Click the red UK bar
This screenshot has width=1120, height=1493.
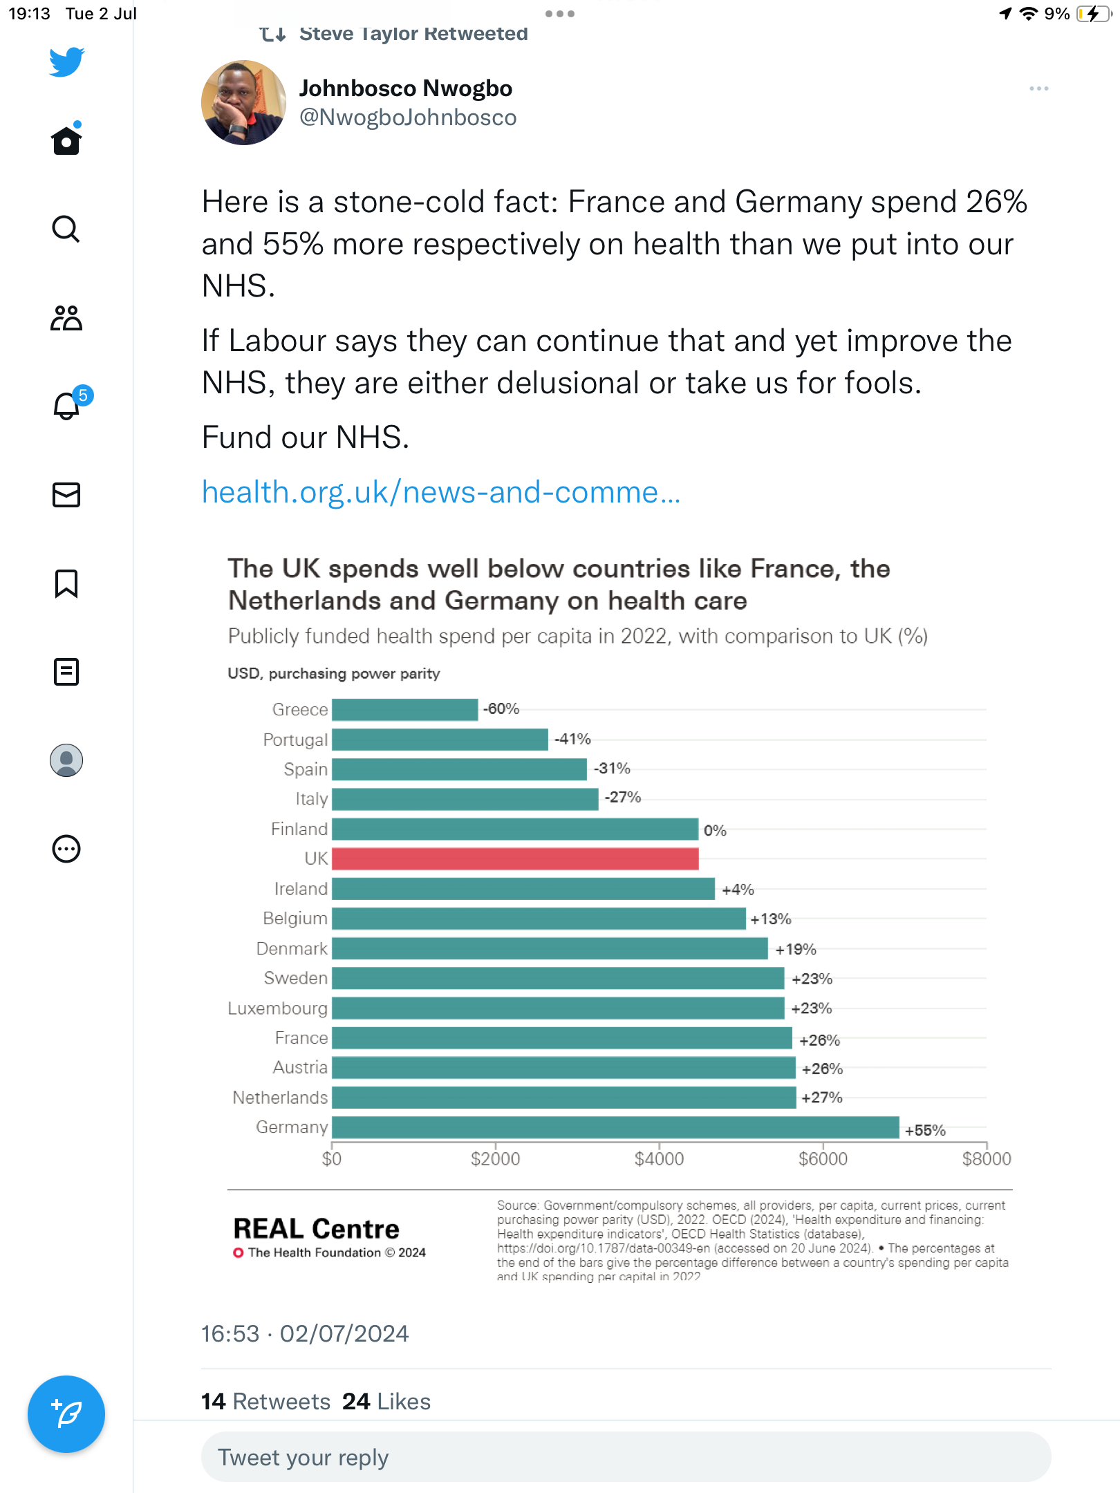click(515, 858)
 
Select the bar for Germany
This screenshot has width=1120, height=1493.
click(615, 1127)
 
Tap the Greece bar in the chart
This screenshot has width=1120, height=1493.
click(404, 709)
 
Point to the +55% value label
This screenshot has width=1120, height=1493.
click(925, 1130)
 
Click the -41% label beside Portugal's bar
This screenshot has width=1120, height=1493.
click(572, 739)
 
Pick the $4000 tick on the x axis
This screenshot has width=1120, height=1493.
click(659, 1158)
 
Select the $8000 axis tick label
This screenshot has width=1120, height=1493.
click(986, 1158)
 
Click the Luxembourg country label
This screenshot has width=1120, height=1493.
click(277, 1008)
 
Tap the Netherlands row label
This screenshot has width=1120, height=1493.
click(280, 1097)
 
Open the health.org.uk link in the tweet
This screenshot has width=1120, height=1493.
click(441, 492)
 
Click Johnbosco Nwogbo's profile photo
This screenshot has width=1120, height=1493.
click(243, 103)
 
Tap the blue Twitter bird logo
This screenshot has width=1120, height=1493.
click(66, 62)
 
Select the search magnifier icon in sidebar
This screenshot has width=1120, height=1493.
click(66, 229)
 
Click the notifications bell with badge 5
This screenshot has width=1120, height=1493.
click(67, 406)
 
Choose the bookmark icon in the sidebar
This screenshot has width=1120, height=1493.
click(66, 583)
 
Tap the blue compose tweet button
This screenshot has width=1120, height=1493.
click(66, 1414)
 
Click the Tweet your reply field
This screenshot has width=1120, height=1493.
click(626, 1457)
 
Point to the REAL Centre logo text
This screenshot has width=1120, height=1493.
click(317, 1229)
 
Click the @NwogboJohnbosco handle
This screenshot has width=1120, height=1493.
click(408, 118)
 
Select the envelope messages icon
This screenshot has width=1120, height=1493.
click(66, 495)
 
